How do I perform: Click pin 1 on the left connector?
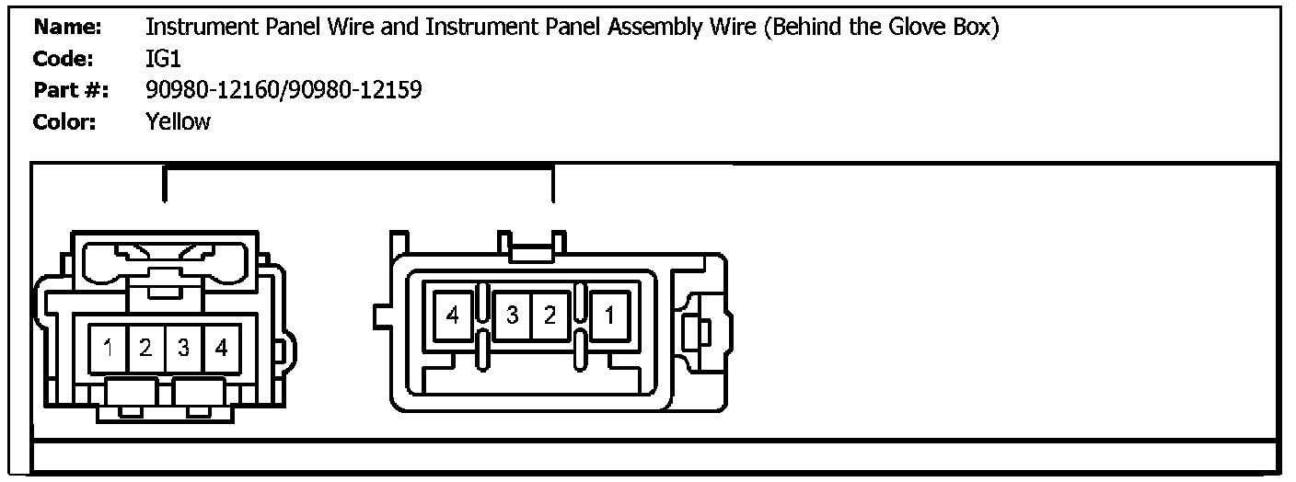tap(109, 349)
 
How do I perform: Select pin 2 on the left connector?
tap(145, 349)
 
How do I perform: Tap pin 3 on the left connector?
tap(183, 349)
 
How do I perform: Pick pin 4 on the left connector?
tap(221, 349)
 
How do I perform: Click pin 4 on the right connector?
tap(452, 316)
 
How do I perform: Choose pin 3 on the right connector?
tap(512, 316)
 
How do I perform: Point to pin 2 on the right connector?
tap(550, 316)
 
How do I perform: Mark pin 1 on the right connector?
tap(609, 316)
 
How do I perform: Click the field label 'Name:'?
tap(66, 28)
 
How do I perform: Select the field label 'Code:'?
tap(64, 59)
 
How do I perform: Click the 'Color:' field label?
tap(64, 121)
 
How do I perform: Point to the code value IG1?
tap(164, 59)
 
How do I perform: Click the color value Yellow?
tap(178, 121)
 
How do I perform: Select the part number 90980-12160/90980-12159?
tap(283, 90)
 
